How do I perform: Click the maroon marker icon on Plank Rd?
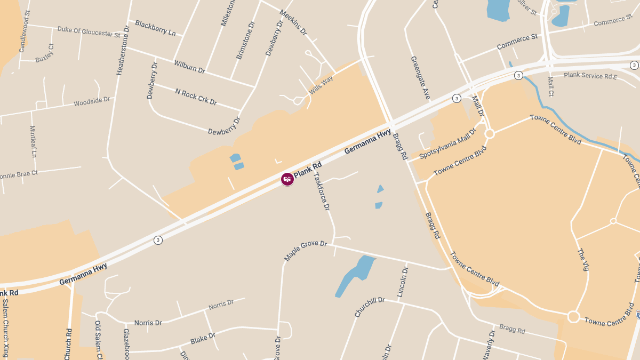pyautogui.click(x=287, y=179)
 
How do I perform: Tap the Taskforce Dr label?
pyautogui.click(x=322, y=191)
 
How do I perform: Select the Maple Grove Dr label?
pyautogui.click(x=305, y=251)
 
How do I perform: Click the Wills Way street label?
pyautogui.click(x=321, y=85)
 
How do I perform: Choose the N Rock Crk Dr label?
pyautogui.click(x=196, y=96)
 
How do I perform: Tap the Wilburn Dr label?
pyautogui.click(x=189, y=66)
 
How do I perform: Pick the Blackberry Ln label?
pyautogui.click(x=155, y=28)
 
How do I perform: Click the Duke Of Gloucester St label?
pyautogui.click(x=89, y=31)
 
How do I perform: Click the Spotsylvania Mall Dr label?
pyautogui.click(x=447, y=143)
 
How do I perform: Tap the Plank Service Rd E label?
pyautogui.click(x=590, y=76)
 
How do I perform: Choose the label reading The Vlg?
pyautogui.click(x=583, y=259)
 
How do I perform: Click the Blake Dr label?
pyautogui.click(x=203, y=338)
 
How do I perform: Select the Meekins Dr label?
pyautogui.click(x=293, y=22)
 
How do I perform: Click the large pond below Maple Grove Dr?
pyautogui.click(x=354, y=275)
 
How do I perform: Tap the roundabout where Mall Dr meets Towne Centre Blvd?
pyautogui.click(x=489, y=134)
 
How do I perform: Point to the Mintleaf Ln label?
pyautogui.click(x=33, y=141)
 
